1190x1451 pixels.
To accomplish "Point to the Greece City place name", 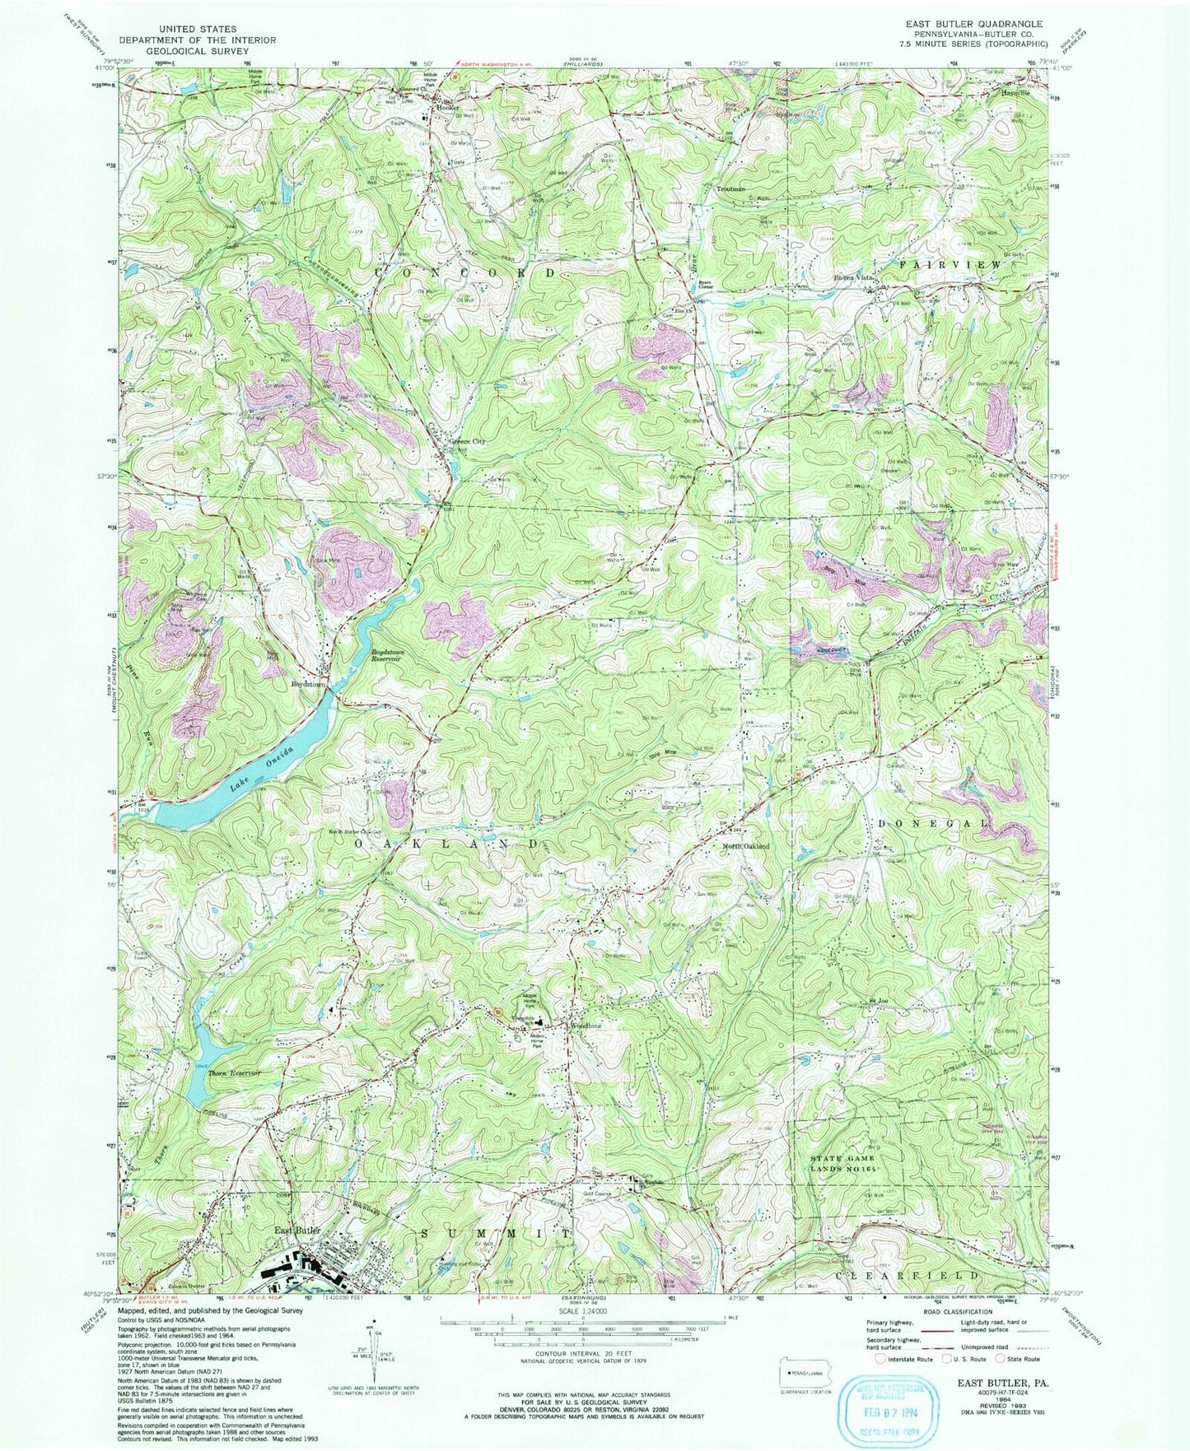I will pos(467,441).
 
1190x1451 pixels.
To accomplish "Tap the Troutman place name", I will pos(730,188).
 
